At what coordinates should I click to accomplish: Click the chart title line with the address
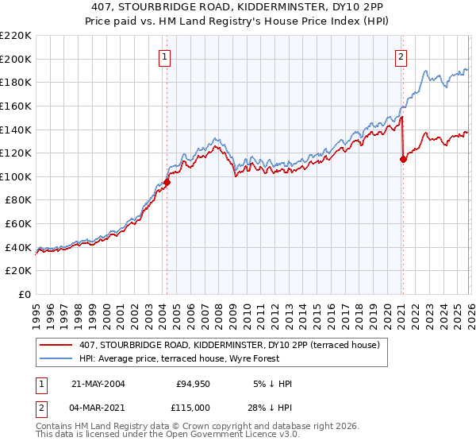click(238, 8)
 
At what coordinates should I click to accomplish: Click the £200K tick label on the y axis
click(16, 59)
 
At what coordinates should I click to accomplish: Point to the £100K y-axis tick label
click(16, 176)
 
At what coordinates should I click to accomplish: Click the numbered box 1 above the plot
click(164, 56)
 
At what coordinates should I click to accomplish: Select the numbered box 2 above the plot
click(401, 56)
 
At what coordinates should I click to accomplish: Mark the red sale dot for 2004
click(167, 182)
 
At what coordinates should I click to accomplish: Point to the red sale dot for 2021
click(403, 159)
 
